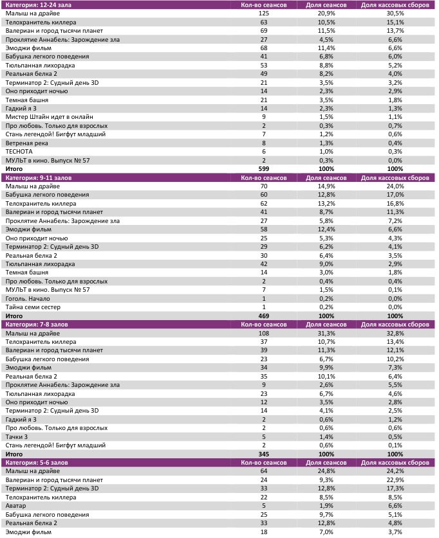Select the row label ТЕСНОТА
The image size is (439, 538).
19,151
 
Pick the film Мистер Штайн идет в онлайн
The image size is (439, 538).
50,117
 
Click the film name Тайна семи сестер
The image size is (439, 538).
33,307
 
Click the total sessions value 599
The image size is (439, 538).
263,168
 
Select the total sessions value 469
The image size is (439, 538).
263,316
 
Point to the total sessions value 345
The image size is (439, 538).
263,454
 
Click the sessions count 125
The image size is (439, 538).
263,13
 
